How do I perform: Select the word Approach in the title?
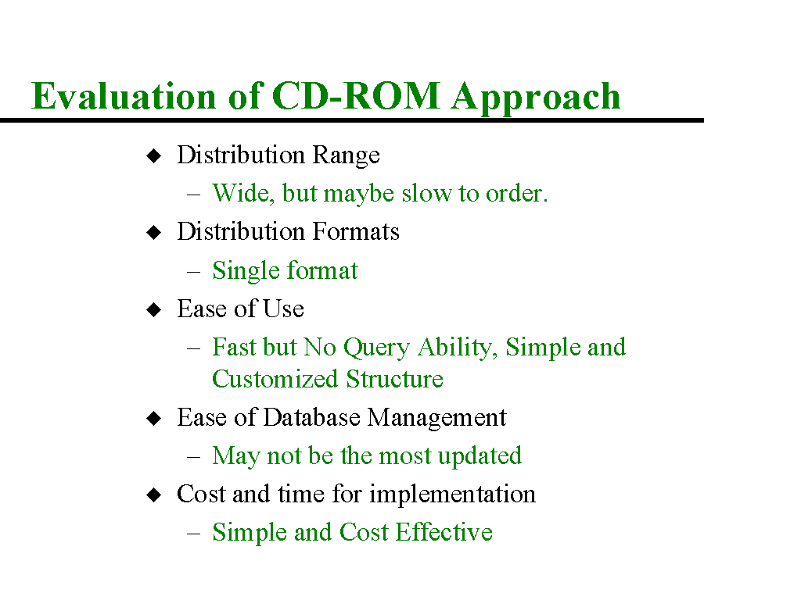536,98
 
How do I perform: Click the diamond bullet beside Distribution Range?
154,155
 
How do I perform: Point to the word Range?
347,155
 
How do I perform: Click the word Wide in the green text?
243,194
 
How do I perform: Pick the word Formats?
356,231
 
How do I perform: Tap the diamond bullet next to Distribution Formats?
154,233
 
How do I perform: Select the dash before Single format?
193,271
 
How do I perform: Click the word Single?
246,271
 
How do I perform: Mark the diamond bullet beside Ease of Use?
154,309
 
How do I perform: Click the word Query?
376,348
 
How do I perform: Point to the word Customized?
275,379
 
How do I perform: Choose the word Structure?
394,379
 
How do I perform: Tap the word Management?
436,419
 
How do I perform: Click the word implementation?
453,495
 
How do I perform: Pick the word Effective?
444,532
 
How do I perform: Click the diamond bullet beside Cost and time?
154,495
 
